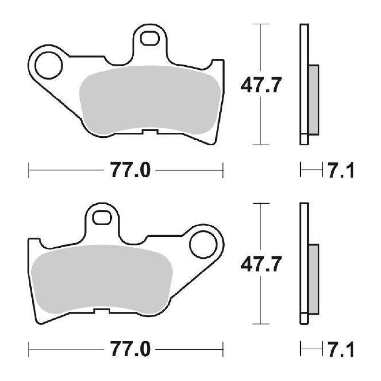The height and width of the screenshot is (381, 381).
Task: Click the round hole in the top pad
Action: [49, 66]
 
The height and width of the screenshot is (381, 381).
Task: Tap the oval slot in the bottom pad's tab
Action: [102, 217]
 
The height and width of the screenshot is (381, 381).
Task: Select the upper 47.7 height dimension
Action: [260, 85]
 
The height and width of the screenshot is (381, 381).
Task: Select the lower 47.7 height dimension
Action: [260, 265]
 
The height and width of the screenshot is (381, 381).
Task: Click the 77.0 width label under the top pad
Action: [130, 171]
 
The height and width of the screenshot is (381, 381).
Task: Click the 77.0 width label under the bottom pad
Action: [130, 350]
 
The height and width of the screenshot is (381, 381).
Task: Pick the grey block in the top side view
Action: [314, 100]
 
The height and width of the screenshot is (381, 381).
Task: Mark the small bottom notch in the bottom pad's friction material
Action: [102, 311]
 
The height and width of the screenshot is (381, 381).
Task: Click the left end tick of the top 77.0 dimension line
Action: [29, 171]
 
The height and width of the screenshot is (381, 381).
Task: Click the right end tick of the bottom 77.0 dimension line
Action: [223, 350]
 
